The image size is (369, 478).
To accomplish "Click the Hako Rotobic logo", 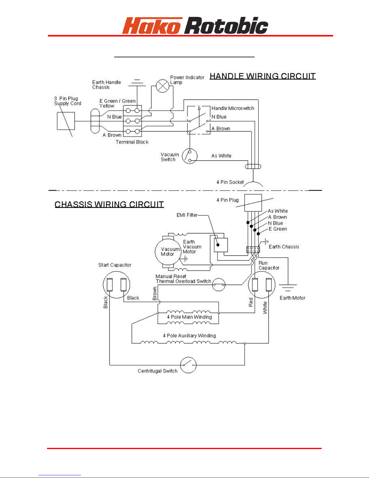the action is tap(195, 25).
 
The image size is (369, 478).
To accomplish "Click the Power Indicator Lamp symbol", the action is tap(162, 86).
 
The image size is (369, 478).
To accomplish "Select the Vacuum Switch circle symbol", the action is tap(189, 157).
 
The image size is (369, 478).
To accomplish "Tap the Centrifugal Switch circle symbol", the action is tap(188, 365).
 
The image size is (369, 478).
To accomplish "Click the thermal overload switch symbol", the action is tap(219, 284).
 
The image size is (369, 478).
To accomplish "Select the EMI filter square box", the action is tap(221, 245).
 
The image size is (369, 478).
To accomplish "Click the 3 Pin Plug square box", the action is tap(66, 121).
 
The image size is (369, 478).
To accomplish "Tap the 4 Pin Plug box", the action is tap(253, 203).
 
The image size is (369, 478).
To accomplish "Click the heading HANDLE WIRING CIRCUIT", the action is tap(263, 76).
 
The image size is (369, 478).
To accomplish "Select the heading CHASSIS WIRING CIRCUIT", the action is tap(109, 204).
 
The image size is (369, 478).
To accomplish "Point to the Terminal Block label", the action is tap(132, 142).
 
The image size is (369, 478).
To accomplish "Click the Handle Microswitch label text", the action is tap(233, 108).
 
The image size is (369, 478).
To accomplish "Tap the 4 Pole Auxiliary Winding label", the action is tap(189, 335).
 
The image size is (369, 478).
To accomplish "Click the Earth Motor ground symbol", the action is tap(288, 288).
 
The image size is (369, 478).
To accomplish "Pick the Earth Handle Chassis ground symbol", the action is tap(137, 83).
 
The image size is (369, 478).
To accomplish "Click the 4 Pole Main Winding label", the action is tap(189, 317).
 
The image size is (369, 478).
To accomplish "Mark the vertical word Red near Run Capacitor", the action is tap(251, 302).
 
